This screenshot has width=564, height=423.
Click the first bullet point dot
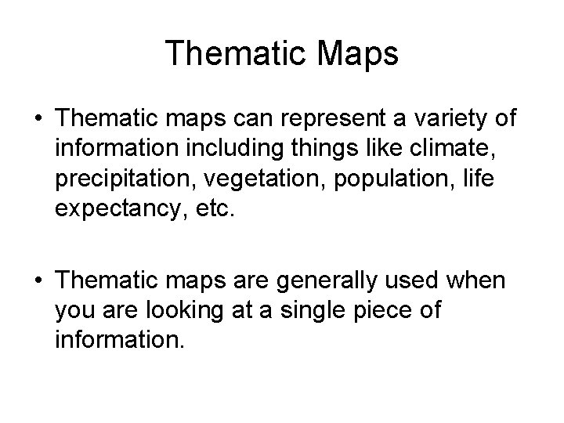pos(38,120)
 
